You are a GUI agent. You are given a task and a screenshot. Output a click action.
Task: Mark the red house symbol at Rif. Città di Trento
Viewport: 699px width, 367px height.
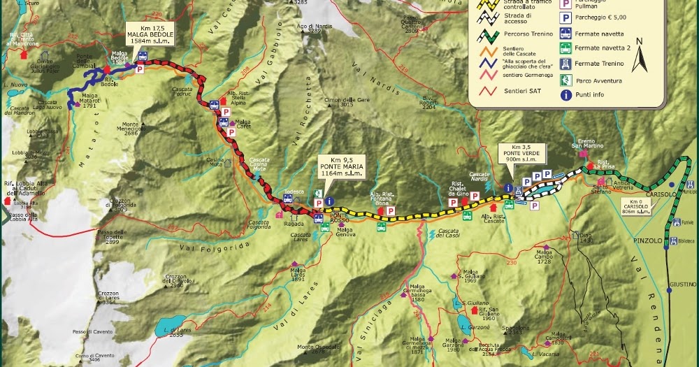25,53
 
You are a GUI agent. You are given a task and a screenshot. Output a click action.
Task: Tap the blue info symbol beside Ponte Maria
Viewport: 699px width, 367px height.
329,201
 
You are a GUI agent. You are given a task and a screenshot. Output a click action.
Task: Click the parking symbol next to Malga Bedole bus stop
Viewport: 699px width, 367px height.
139,69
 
